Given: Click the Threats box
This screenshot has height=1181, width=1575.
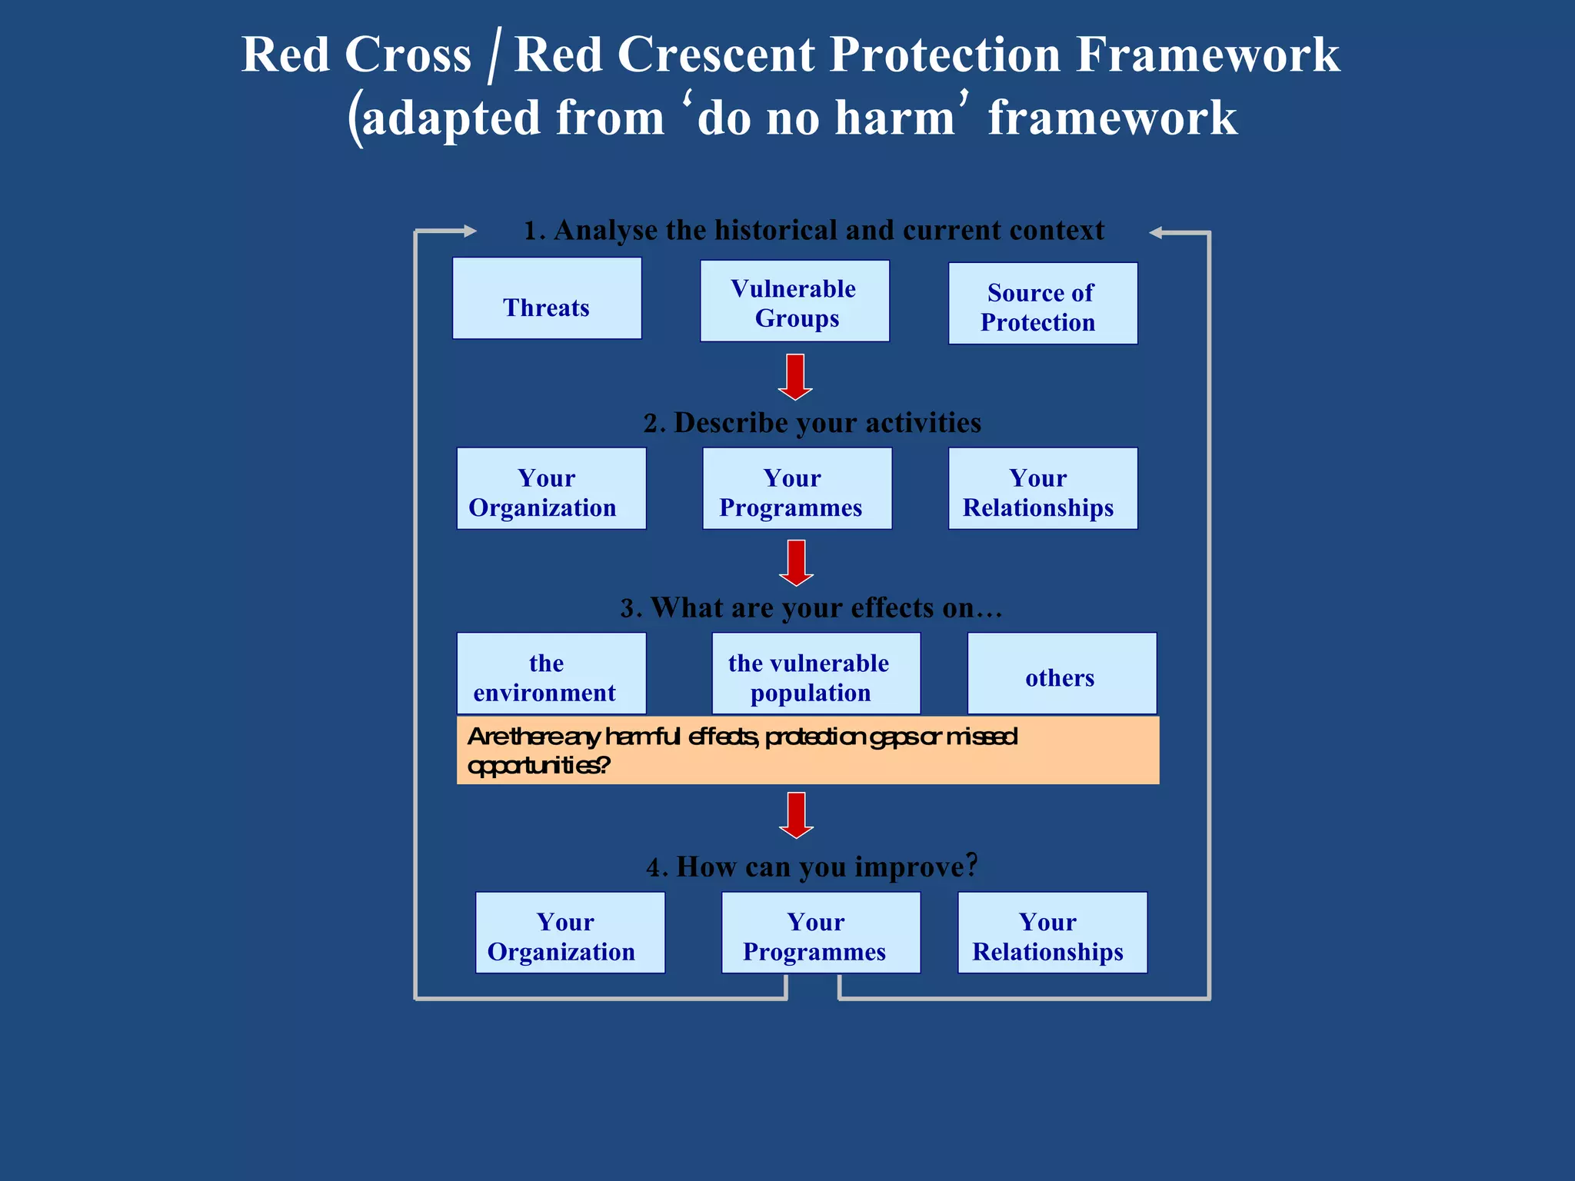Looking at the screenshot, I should pos(547,298).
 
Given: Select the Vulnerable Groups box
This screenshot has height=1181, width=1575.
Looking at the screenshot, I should pos(794,301).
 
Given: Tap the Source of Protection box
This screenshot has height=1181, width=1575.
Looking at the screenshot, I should pos(1042,304).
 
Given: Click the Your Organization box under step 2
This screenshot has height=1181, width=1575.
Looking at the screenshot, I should pos(551,489).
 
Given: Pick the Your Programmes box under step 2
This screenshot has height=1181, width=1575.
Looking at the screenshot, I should pos(797,489).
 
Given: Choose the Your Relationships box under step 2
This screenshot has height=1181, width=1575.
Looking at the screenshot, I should pos(1042,489).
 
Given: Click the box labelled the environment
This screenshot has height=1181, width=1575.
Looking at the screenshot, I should pos(551,674).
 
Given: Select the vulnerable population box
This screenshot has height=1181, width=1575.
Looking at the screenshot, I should pos(815,674).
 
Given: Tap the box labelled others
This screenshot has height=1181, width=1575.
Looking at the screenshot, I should pos(1061,674).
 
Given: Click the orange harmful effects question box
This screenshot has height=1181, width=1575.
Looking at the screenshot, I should pos(807,750).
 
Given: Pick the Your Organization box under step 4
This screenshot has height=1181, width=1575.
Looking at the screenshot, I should pos(570,933).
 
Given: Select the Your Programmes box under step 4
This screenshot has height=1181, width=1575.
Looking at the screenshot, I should pos(821,933).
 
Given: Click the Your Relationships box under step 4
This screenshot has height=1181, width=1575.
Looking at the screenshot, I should pos(1052,933).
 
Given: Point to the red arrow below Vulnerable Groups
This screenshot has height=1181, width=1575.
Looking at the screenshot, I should pos(795,378).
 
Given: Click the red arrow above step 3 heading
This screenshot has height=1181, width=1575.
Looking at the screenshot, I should pos(796,564).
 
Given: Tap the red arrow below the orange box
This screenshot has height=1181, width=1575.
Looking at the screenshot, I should pos(796,816).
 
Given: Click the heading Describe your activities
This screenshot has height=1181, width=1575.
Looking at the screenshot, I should pos(812,423).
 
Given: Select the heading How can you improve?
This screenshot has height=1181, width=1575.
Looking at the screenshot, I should pos(812,867).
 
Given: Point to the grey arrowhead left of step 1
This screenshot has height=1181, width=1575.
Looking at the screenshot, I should pos(468,231).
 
